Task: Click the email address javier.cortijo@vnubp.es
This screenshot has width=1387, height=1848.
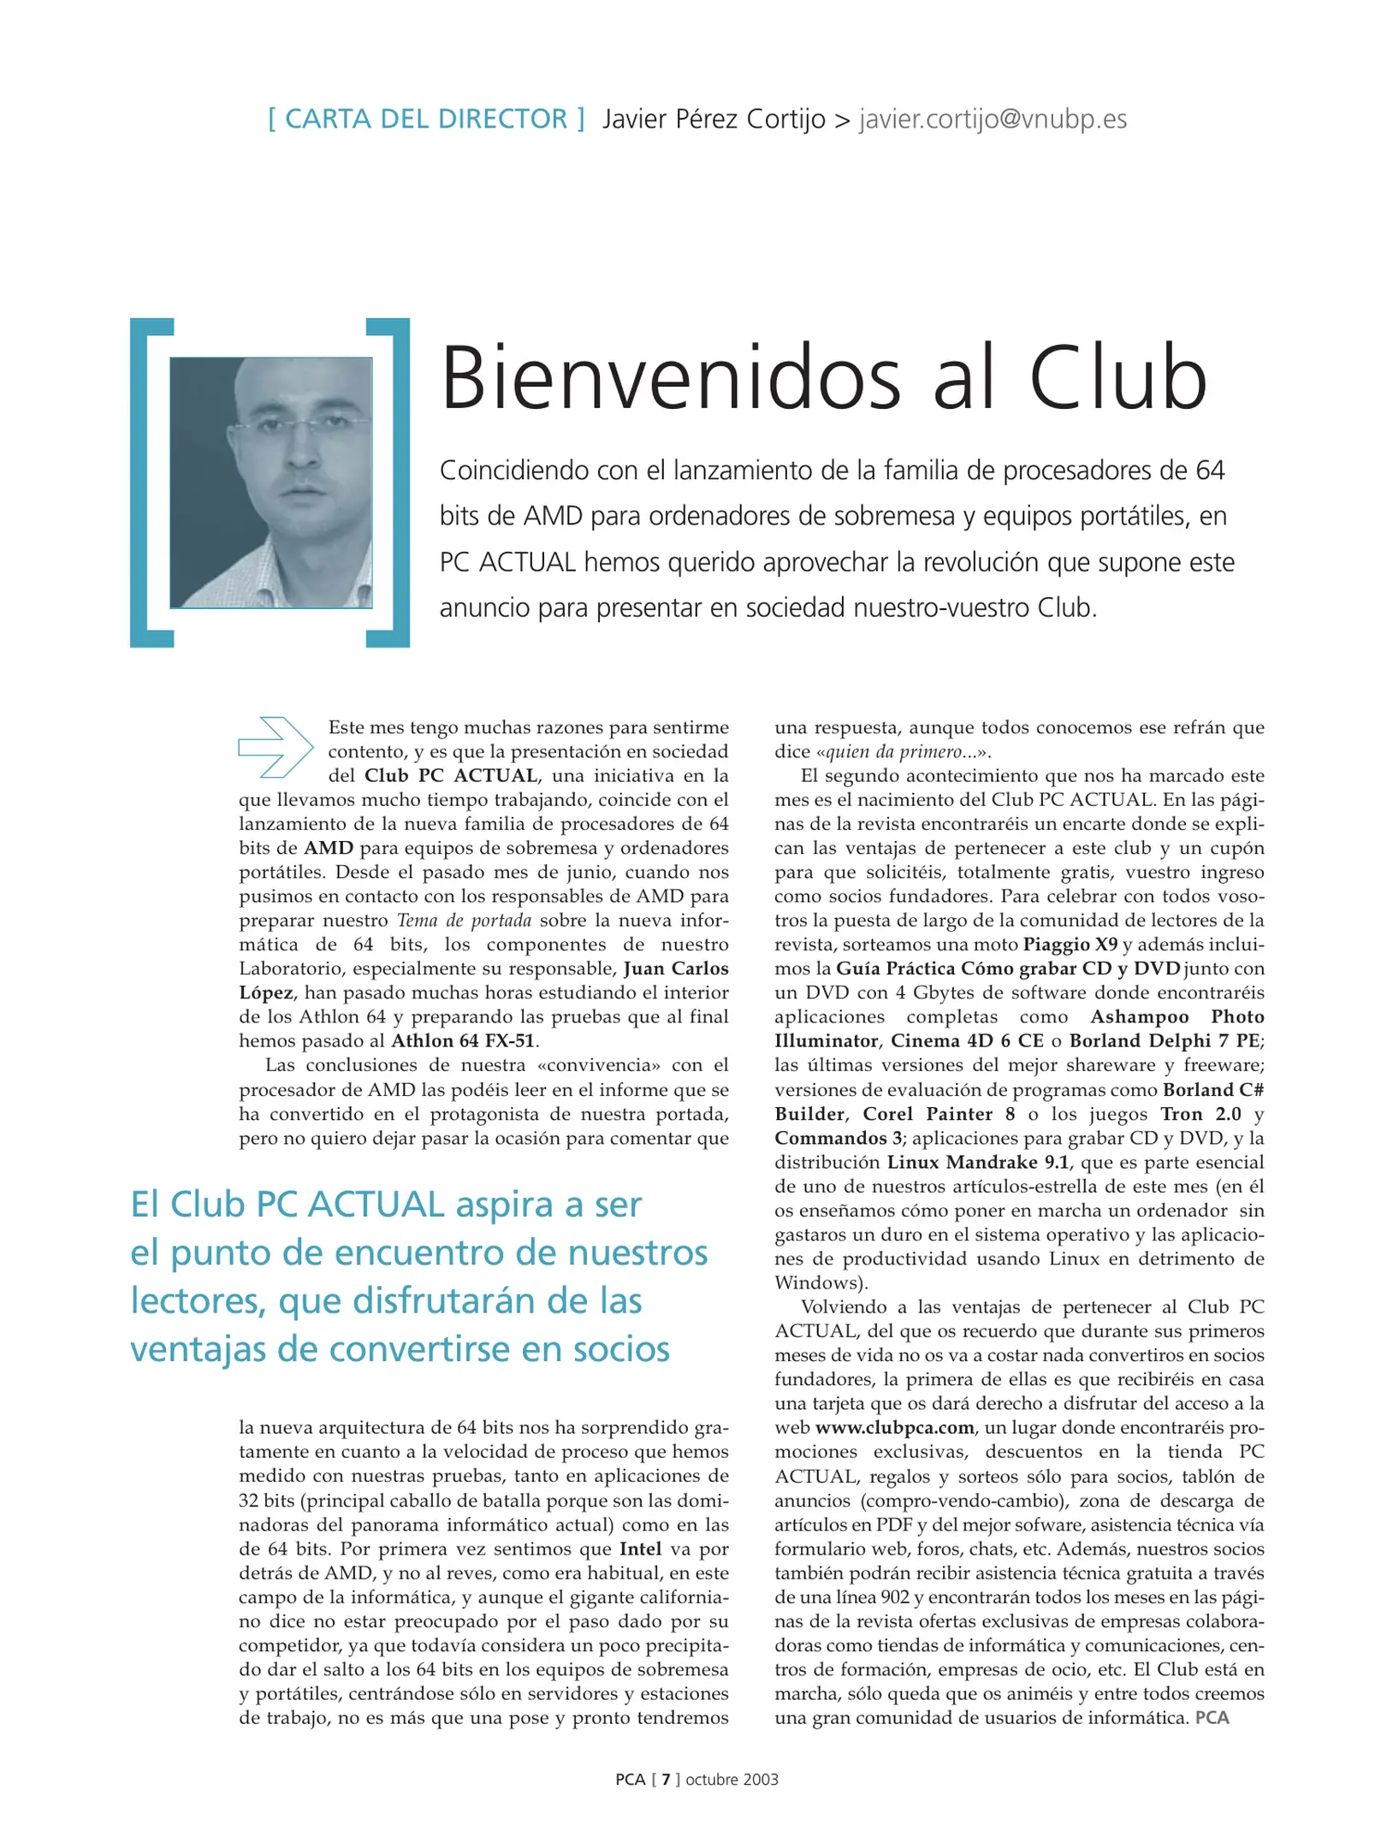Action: click(x=993, y=119)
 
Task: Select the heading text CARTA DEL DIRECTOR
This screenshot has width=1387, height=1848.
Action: click(x=426, y=119)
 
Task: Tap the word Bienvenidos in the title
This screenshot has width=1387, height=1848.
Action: click(x=671, y=379)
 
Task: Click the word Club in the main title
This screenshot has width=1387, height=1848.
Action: click(x=1117, y=379)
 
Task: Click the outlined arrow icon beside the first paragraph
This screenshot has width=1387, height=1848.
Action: click(x=276, y=747)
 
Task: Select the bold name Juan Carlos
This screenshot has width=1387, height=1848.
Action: click(x=676, y=968)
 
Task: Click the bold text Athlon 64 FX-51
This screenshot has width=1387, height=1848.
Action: click(x=462, y=1041)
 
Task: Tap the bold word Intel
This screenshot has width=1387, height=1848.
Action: click(x=640, y=1549)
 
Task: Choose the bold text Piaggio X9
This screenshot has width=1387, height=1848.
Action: click(x=1070, y=945)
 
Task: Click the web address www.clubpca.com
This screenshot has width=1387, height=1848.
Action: click(x=894, y=1428)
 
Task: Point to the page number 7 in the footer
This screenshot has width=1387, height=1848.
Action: click(x=666, y=1780)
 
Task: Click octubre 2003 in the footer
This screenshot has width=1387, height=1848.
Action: click(x=732, y=1780)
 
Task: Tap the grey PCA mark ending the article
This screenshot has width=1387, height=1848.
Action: click(x=1212, y=1718)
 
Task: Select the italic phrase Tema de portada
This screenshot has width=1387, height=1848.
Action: click(x=464, y=921)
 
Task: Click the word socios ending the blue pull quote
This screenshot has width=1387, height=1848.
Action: click(x=620, y=1349)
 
